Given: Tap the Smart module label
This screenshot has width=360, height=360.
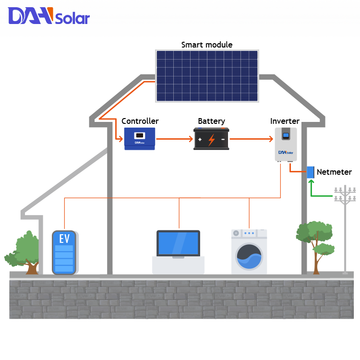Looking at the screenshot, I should [x=206, y=45].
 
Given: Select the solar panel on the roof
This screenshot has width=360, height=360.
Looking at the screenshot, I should [x=206, y=76].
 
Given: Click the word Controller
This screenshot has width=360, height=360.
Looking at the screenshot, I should [x=140, y=121].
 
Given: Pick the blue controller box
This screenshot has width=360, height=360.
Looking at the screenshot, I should [x=140, y=138].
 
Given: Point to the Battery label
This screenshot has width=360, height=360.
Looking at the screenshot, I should [x=211, y=121].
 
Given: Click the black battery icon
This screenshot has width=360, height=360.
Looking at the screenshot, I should [x=211, y=139].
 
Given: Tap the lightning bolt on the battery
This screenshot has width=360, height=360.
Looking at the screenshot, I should [x=211, y=140].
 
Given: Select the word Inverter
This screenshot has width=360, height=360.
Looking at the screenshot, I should [x=285, y=121].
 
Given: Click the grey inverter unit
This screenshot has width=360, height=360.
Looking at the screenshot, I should [x=286, y=144].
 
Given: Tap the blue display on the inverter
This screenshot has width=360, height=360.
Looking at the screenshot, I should [x=286, y=135].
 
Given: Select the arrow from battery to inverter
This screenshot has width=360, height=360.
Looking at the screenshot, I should [x=251, y=139].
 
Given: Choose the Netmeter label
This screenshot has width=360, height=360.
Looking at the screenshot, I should [x=334, y=172].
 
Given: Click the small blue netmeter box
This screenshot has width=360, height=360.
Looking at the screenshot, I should [x=311, y=172].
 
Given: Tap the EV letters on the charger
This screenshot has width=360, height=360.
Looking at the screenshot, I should [x=64, y=238].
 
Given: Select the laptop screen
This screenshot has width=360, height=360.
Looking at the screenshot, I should [x=178, y=243].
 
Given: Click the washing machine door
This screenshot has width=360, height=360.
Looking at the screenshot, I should [x=249, y=257].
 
